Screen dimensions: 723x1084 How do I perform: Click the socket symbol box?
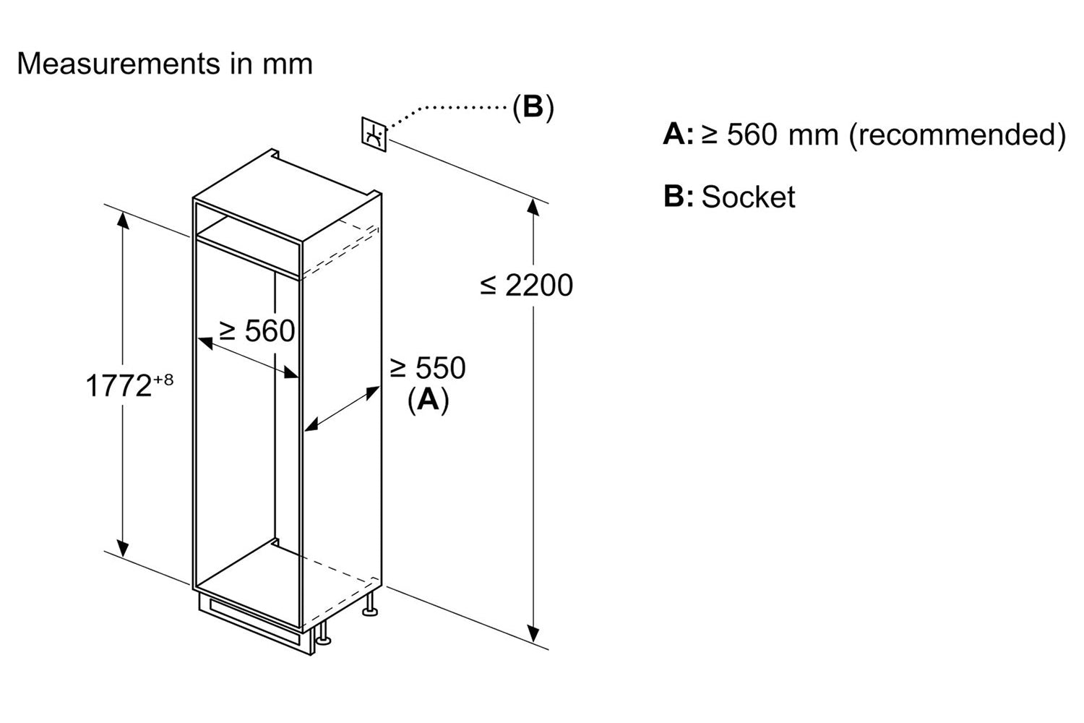[374, 134]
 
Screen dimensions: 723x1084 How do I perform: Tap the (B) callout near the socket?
[533, 107]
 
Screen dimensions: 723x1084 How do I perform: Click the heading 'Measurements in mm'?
[165, 64]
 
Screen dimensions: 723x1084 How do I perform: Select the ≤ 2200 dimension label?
[526, 286]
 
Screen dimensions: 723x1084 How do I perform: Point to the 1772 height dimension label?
[119, 386]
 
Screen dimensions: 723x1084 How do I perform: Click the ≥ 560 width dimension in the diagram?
[257, 331]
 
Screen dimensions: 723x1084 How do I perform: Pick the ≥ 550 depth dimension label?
[428, 369]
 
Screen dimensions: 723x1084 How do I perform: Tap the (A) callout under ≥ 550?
[428, 400]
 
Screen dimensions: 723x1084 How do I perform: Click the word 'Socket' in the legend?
[748, 197]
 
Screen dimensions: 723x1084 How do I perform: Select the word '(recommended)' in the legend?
[957, 135]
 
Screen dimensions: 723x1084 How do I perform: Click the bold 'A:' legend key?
[678, 135]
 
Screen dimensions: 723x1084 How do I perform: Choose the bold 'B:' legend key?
[678, 197]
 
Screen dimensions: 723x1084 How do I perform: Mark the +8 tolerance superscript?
[163, 379]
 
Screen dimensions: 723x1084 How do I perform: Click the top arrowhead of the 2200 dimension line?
[533, 207]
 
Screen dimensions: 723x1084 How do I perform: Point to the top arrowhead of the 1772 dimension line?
[124, 220]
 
